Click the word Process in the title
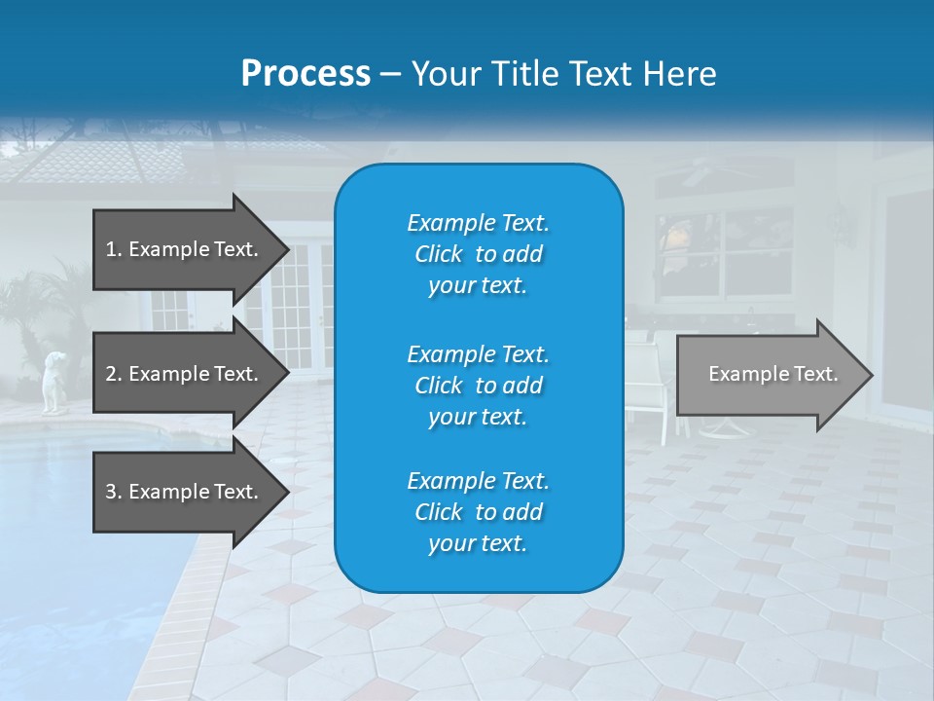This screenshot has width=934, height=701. [x=305, y=73]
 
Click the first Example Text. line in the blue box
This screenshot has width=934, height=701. [x=478, y=223]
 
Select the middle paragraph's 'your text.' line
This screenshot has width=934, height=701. [x=478, y=417]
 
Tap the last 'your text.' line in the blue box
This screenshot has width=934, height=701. [x=478, y=544]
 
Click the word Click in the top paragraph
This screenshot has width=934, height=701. [x=438, y=254]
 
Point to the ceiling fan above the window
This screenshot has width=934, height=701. [x=695, y=173]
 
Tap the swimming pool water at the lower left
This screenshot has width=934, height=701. [x=78, y=545]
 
